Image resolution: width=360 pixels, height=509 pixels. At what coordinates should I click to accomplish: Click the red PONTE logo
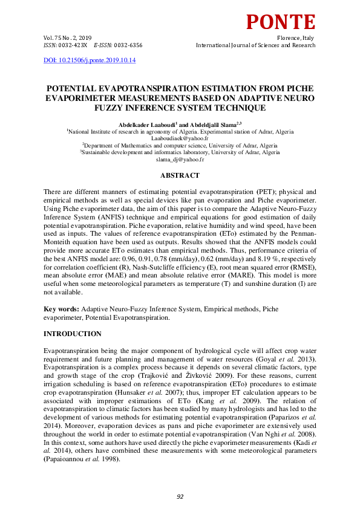point(280,21)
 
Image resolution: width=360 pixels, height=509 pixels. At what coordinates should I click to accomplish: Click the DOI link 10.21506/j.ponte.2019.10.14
point(90,60)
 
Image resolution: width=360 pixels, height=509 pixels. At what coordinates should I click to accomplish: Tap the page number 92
point(180,496)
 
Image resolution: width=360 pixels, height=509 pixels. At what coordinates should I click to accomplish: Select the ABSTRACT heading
point(180,175)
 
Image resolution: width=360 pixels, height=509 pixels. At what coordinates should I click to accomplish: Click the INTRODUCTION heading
point(72,334)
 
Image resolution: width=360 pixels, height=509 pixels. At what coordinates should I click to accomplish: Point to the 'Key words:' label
point(62,309)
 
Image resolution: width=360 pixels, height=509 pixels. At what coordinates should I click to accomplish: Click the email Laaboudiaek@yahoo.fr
point(179,138)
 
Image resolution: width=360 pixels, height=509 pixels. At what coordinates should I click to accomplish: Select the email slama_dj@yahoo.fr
point(180,160)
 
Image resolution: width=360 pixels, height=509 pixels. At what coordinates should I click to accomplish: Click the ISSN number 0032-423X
point(73,45)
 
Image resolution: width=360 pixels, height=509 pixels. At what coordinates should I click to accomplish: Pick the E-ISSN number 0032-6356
point(126,45)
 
